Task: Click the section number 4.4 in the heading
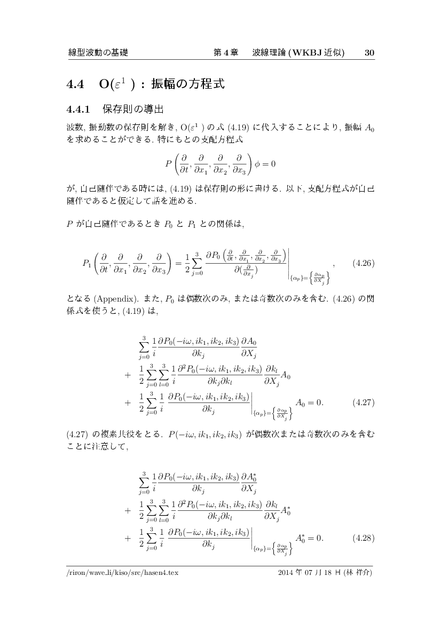[75, 84]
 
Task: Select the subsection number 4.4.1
[77, 110]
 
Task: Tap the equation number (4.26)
[363, 263]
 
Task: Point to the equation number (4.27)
[363, 403]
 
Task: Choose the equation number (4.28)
[363, 538]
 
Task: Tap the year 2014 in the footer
[287, 573]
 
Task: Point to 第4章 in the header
[225, 53]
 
